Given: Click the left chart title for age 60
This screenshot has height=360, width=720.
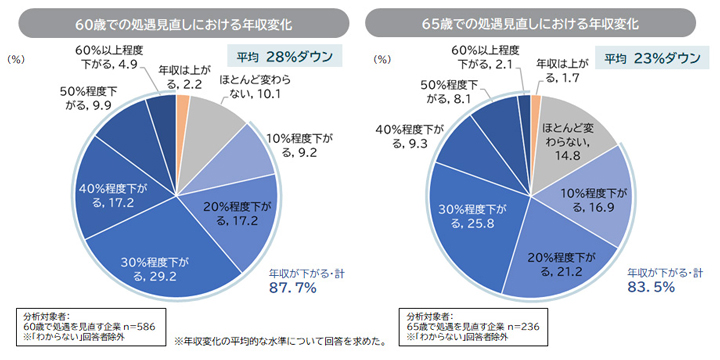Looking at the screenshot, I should pos(180,21).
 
